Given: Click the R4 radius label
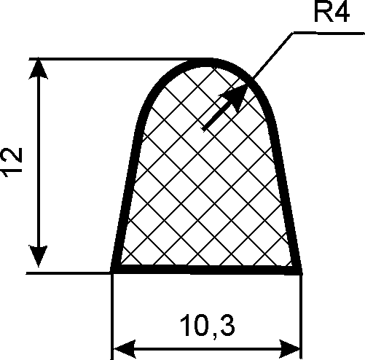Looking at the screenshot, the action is [x=331, y=12].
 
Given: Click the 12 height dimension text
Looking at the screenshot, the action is [x=12, y=163].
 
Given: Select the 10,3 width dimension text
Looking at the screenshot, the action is [x=207, y=326].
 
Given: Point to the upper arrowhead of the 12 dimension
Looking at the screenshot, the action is [x=38, y=69].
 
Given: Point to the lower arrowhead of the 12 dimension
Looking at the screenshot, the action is [x=38, y=257].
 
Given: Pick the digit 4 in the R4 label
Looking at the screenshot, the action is [x=342, y=12].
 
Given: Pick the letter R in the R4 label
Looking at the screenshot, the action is [x=323, y=12].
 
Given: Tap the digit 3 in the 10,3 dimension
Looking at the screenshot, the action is [x=228, y=325].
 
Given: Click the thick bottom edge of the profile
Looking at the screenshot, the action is [x=206, y=270].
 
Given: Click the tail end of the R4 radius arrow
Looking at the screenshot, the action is [x=204, y=129].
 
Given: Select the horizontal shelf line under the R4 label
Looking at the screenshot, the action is [x=329, y=33].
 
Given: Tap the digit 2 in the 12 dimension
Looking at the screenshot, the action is [x=12, y=156].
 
